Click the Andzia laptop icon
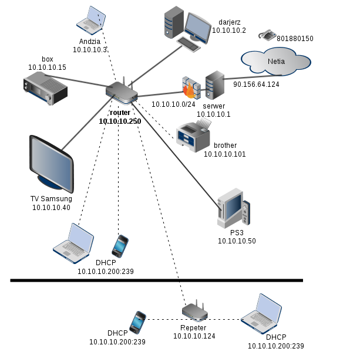(x=90, y=19)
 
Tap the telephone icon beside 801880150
(x=267, y=35)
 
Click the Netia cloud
(x=275, y=61)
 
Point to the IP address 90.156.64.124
(x=256, y=84)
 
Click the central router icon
(x=122, y=91)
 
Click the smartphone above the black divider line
(x=120, y=246)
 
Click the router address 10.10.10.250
(x=120, y=121)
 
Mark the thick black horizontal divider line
(x=156, y=281)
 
